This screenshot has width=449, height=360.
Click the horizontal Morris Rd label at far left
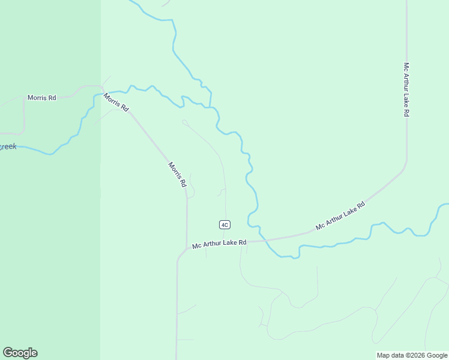click(41, 97)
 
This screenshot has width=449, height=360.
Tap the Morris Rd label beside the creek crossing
click(116, 102)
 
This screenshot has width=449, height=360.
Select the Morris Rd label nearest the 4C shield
click(177, 175)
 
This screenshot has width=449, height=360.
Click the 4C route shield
click(224, 224)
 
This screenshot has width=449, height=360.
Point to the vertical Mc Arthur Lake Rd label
click(406, 89)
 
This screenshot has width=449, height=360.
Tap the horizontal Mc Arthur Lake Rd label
click(220, 243)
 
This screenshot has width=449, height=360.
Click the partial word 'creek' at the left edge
click(8, 146)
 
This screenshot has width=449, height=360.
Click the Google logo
click(20, 353)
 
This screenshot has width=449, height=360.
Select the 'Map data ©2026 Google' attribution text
click(412, 355)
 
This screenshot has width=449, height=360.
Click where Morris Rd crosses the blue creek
click(101, 92)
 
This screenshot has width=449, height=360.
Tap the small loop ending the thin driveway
click(184, 122)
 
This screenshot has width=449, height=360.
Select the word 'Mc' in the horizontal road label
click(196, 245)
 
